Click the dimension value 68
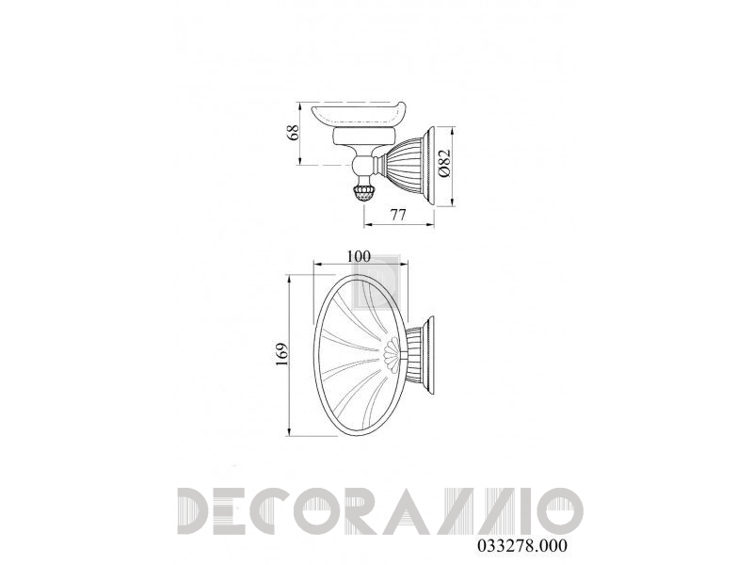tap(293, 132)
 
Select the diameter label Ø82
tap(443, 163)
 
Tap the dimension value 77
tap(397, 215)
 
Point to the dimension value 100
tap(360, 256)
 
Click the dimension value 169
tap(281, 355)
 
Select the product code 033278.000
tap(522, 546)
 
